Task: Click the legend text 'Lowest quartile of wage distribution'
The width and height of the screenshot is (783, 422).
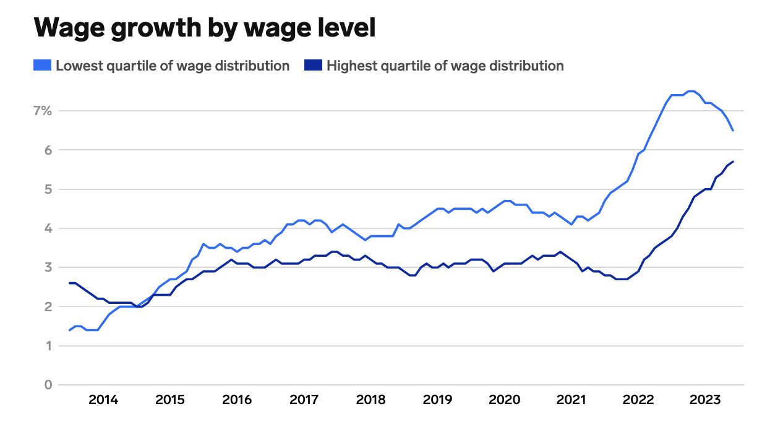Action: [x=173, y=66]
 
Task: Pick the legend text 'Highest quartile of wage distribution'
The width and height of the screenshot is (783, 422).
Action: [x=445, y=66]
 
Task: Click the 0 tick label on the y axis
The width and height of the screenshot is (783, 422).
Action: [x=48, y=385]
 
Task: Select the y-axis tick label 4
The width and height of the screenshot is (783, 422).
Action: [x=48, y=228]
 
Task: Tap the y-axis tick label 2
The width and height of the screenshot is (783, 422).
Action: [x=48, y=307]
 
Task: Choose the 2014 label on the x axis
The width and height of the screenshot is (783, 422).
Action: [x=103, y=400]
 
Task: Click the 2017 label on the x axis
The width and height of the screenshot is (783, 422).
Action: [x=304, y=400]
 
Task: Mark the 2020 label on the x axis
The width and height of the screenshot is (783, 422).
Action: [x=504, y=400]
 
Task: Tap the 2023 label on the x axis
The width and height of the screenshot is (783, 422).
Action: [x=704, y=400]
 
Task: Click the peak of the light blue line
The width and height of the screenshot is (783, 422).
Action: [x=691, y=91]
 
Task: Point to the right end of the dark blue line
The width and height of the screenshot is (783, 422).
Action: [x=733, y=161]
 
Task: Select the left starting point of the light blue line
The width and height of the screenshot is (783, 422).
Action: [x=69, y=330]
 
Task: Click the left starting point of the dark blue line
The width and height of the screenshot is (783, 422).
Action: [x=69, y=283]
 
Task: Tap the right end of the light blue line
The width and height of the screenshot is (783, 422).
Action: [x=733, y=130]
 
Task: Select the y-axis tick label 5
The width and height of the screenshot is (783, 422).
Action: [x=48, y=189]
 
